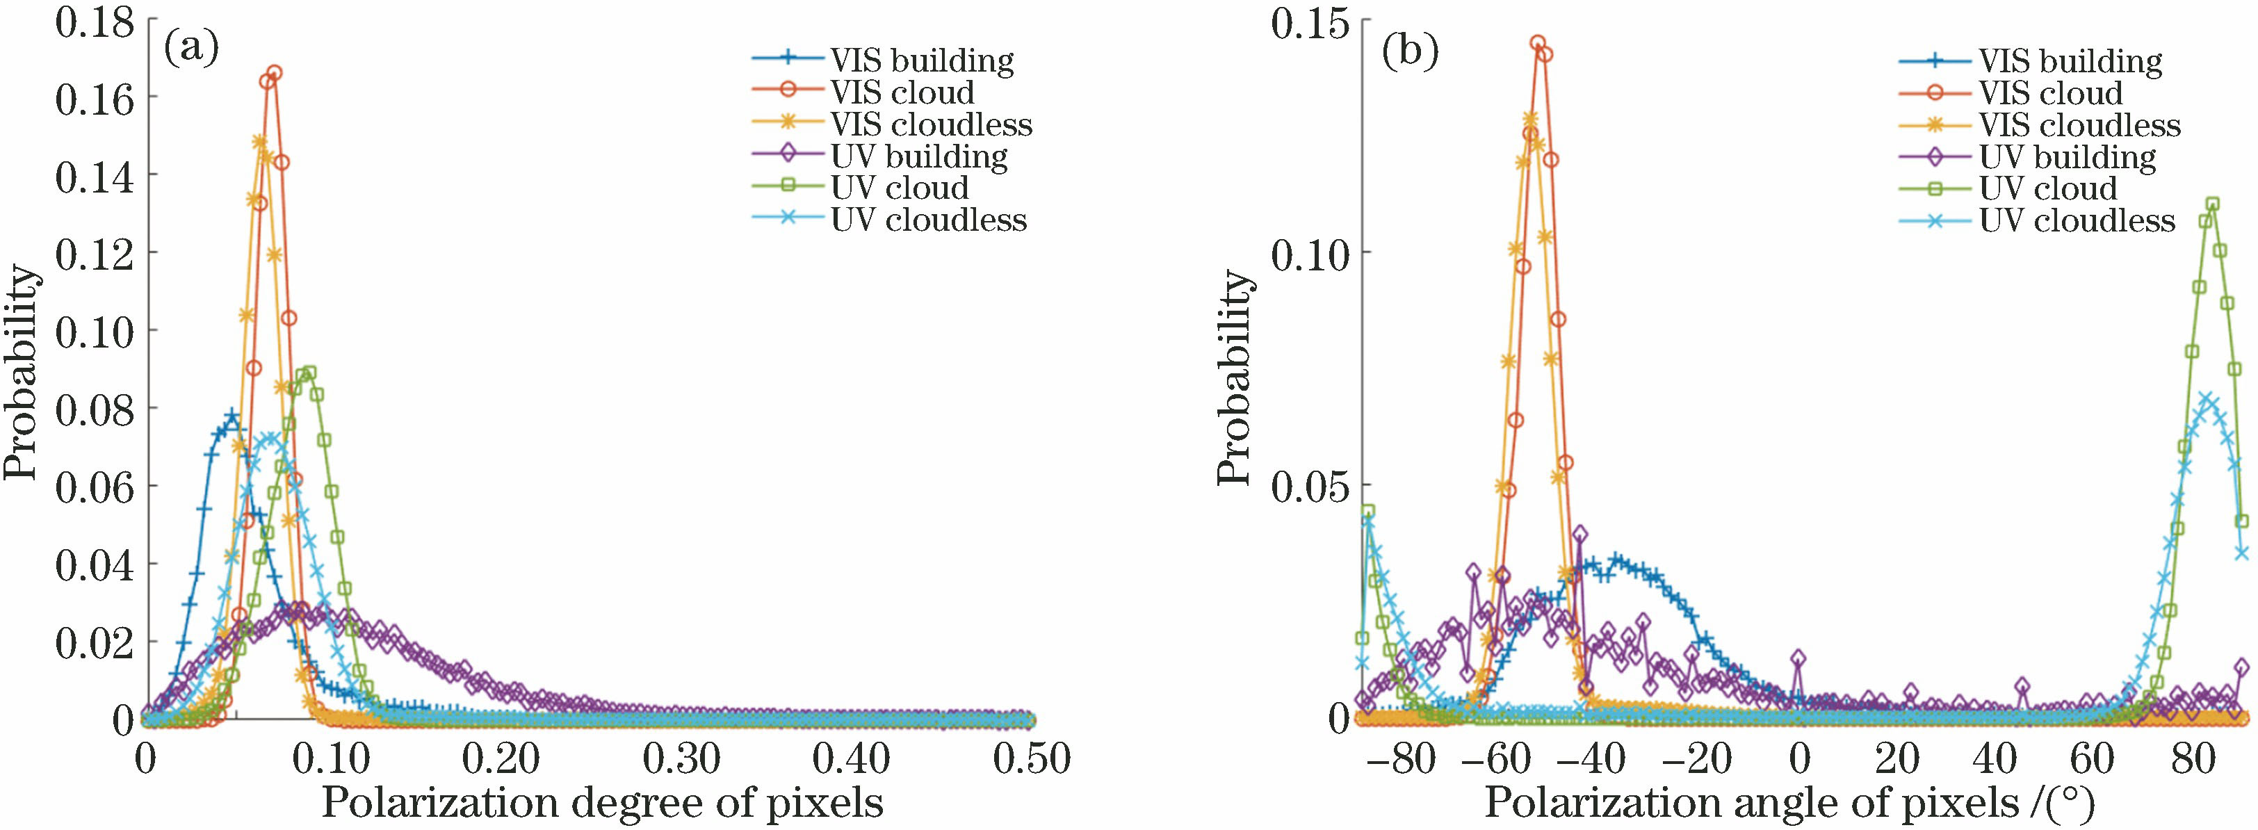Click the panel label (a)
191,50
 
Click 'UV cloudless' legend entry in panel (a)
929,219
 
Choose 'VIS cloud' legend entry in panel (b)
2050,93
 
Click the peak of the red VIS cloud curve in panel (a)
275,73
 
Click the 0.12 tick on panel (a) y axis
95,252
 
